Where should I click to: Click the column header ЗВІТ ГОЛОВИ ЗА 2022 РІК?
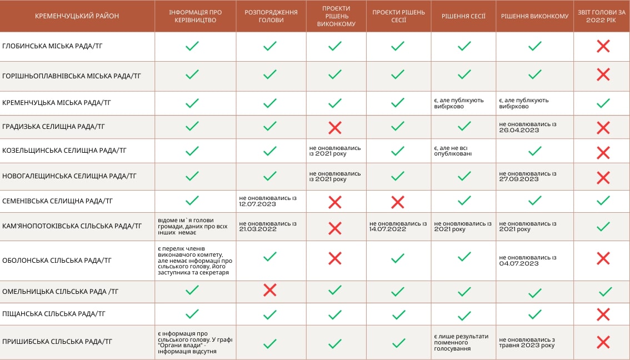pos(602,16)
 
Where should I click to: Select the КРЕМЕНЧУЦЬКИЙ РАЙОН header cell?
pos(77,16)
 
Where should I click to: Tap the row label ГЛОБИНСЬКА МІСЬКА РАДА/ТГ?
pos(52,46)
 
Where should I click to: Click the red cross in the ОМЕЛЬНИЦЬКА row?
pos(270,290)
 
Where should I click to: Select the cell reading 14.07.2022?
pos(398,227)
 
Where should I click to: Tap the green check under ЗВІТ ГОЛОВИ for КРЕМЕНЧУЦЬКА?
pos(603,103)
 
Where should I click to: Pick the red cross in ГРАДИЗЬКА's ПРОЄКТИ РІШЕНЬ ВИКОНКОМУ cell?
pos(334,127)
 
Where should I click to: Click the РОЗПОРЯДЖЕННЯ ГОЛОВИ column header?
pos(271,16)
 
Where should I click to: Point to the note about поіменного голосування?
pos(461,342)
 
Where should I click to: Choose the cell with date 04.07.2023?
pos(527,260)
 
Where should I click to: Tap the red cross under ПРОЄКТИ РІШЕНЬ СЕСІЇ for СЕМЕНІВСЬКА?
pos(398,201)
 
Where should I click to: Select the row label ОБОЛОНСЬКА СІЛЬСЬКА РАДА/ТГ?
pos(57,260)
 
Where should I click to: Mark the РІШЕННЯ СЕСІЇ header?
pos(463,16)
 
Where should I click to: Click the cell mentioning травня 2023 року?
pos(527,342)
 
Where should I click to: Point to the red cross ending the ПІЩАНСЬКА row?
pos(603,314)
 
